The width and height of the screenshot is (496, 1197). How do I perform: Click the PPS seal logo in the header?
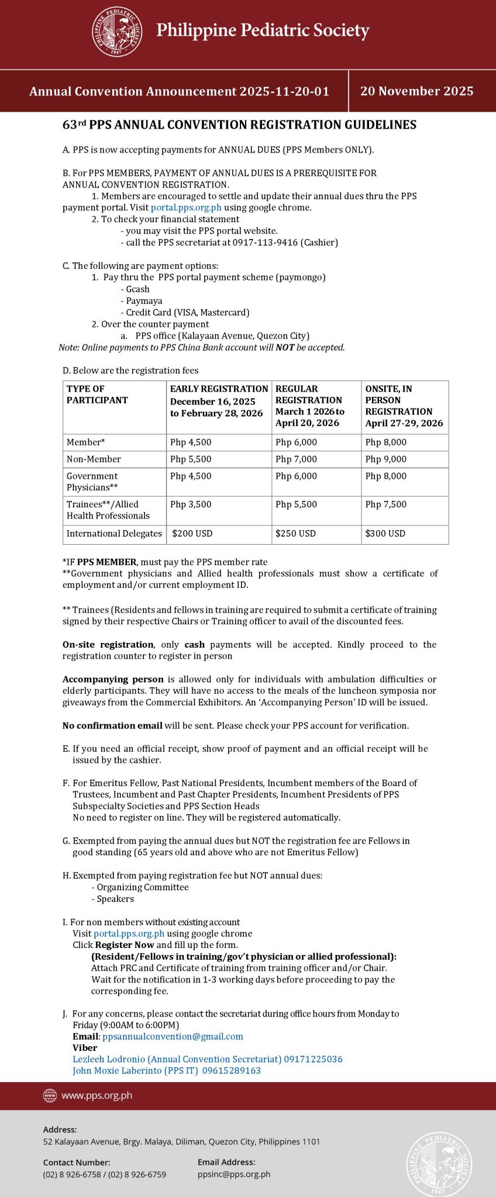point(117,32)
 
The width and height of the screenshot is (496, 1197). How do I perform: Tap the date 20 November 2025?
point(416,91)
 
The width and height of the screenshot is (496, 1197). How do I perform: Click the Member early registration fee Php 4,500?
point(191,442)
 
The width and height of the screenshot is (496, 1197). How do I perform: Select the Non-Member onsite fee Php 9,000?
point(385,459)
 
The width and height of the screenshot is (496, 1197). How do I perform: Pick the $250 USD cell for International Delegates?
point(295,534)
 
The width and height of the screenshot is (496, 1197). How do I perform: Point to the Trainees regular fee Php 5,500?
point(296,504)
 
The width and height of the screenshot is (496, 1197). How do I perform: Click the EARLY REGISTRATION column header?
point(219,389)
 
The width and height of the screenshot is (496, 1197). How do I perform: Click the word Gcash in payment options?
point(138,289)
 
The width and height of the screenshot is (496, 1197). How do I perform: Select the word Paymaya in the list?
point(144,301)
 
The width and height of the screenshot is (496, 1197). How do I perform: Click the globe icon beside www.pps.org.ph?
point(50,1095)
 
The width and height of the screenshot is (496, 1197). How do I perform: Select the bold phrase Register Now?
point(125,945)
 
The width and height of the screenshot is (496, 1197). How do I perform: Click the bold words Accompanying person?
point(113,679)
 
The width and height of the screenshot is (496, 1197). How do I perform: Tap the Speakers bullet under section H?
point(115,899)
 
